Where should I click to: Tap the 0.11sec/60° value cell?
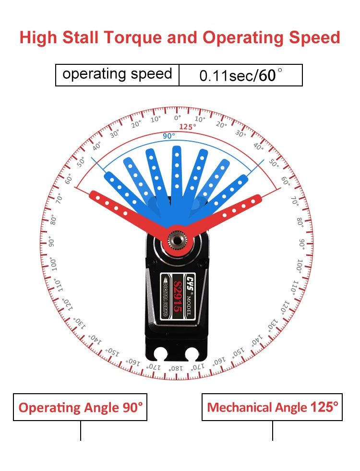[240, 75]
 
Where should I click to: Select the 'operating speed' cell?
[117, 74]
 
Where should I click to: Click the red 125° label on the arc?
[188, 127]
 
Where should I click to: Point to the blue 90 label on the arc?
[168, 136]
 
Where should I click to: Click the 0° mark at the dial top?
[178, 118]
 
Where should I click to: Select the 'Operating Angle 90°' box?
[80, 408]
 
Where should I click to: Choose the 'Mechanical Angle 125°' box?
[272, 408]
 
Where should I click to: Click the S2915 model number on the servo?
[178, 298]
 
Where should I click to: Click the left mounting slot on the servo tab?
[160, 356]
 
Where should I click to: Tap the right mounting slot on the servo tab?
[193, 356]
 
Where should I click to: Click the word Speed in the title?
[313, 37]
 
